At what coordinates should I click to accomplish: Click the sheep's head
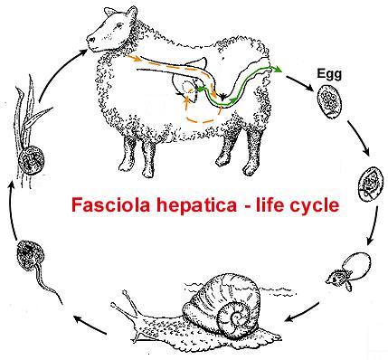point(108,35)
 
